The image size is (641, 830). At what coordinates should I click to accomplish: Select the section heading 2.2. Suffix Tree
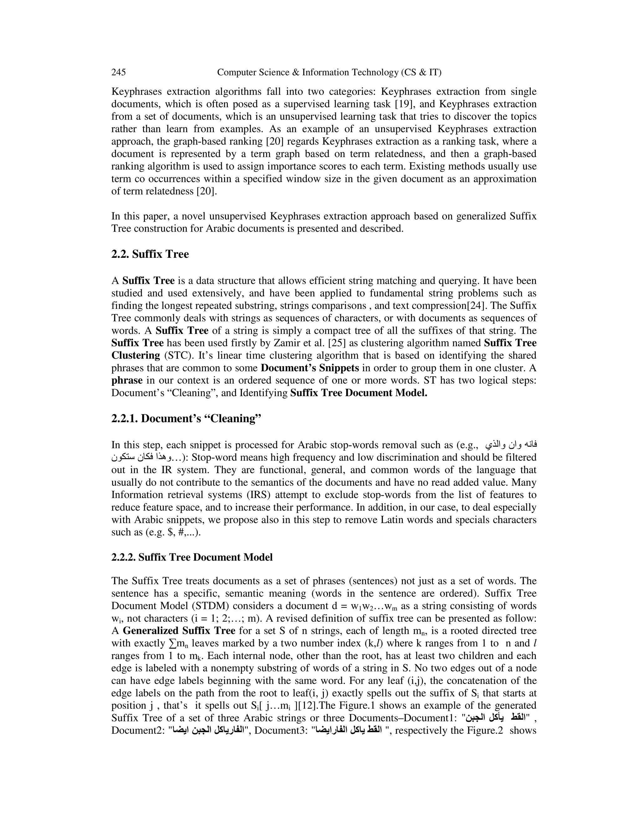[150, 254]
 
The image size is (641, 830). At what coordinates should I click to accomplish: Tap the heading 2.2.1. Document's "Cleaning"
[187, 418]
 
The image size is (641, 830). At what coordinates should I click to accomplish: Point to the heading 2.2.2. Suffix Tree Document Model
[192, 558]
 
